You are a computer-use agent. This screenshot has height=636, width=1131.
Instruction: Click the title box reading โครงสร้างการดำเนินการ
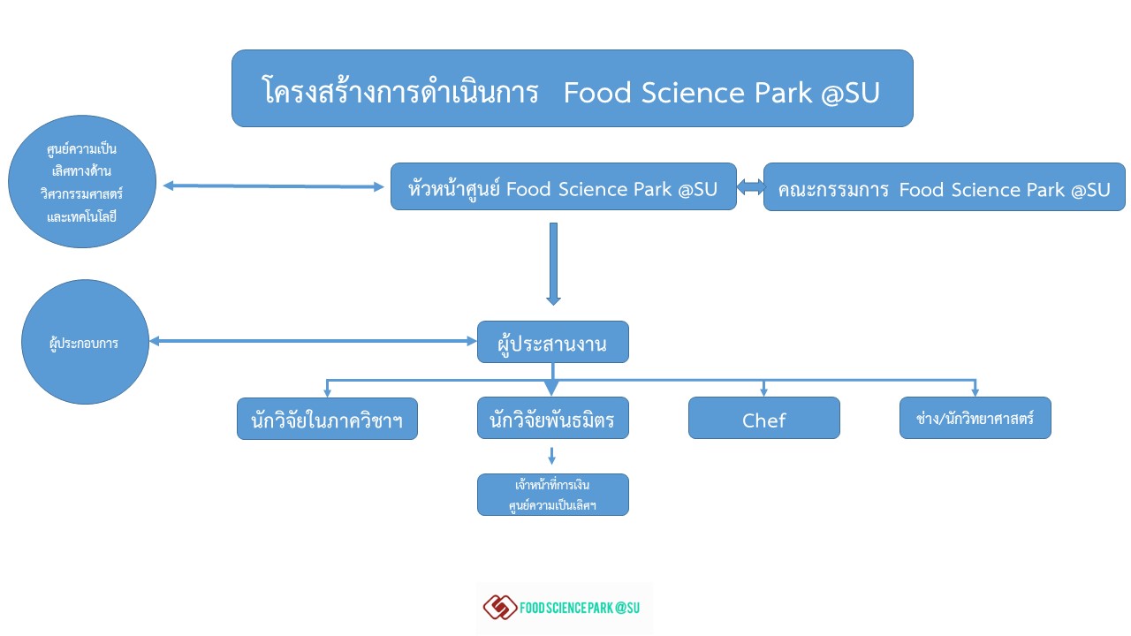(x=572, y=88)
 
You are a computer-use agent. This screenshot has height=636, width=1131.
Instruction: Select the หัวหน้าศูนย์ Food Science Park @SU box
(x=564, y=186)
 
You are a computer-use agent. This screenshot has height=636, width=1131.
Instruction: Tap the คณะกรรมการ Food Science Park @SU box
(x=945, y=186)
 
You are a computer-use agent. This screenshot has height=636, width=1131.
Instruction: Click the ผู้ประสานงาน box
(x=553, y=342)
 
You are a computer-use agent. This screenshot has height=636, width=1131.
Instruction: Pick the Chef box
(x=764, y=418)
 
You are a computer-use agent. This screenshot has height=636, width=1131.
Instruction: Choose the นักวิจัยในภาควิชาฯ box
(x=327, y=419)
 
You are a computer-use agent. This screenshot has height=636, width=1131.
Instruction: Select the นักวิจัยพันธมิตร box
(x=553, y=418)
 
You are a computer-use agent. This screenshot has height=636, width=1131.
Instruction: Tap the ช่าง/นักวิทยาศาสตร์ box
(x=975, y=418)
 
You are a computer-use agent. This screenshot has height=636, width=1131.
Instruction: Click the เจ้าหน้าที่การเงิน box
(x=553, y=495)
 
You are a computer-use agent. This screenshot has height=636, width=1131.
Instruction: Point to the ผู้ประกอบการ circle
(x=85, y=342)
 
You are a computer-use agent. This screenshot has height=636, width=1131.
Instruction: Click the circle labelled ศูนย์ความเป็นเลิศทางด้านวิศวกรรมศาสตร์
(x=82, y=182)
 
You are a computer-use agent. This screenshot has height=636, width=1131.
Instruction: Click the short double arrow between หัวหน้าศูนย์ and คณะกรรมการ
(x=750, y=187)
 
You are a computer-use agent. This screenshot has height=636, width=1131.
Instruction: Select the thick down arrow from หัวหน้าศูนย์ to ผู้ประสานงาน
(x=553, y=264)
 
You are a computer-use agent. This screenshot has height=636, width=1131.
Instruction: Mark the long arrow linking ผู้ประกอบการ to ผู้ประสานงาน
(x=313, y=341)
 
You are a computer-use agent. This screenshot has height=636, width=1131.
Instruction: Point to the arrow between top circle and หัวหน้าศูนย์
(x=273, y=186)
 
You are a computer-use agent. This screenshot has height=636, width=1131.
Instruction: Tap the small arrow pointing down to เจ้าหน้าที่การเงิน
(x=552, y=456)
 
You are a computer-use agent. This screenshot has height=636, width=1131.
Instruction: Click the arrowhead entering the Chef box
(x=763, y=391)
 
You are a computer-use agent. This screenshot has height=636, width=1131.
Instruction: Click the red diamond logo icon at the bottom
(x=500, y=607)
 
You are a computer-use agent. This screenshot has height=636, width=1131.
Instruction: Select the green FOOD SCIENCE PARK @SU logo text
(x=580, y=608)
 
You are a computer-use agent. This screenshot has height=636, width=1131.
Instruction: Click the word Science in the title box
(x=693, y=93)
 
